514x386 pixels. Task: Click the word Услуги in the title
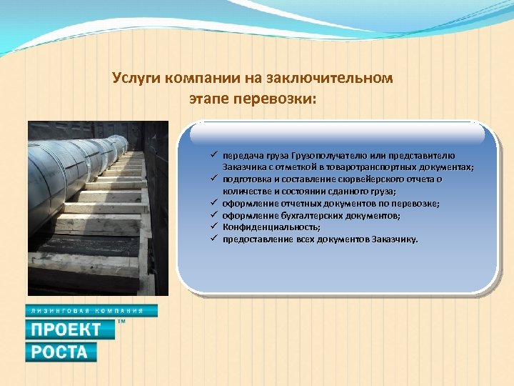tap(137, 78)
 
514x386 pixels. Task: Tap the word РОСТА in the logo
tap(61, 352)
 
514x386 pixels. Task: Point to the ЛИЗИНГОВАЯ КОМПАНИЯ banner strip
tap(91, 311)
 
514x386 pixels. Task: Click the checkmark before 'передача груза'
tap(213, 155)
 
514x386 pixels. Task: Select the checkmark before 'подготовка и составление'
tap(213, 179)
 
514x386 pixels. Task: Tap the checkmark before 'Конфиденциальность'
tap(213, 227)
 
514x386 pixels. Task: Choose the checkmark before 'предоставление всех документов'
tap(213, 238)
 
